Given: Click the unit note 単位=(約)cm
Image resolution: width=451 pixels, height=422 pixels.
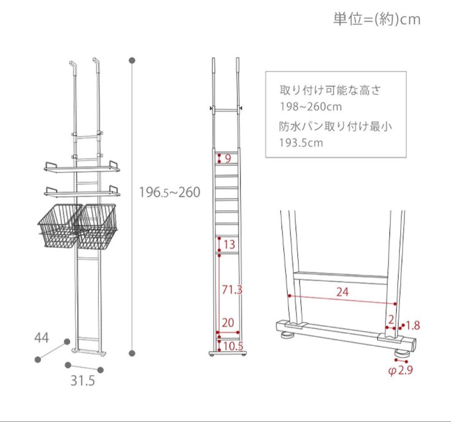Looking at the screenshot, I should point(376,19).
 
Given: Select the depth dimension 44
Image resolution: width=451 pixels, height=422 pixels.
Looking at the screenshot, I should point(42,337).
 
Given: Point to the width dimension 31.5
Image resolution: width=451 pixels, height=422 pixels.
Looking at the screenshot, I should point(83,381).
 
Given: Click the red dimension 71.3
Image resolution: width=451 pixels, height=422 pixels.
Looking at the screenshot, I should point(232,290).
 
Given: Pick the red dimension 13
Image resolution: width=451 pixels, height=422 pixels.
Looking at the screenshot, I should point(229,244).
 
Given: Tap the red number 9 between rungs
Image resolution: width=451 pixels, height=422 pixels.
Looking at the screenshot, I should point(228,159).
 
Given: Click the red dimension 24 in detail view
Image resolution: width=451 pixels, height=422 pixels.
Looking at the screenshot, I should point(342,292).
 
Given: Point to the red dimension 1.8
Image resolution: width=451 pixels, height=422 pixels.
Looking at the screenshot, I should point(412,325).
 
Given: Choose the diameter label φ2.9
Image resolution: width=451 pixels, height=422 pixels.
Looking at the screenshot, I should point(401,371).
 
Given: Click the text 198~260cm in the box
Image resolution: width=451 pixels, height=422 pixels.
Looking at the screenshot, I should point(311,107).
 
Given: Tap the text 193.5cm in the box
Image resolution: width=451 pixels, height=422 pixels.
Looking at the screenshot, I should point(302,143).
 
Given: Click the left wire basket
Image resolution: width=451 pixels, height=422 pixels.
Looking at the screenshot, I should point(58,226).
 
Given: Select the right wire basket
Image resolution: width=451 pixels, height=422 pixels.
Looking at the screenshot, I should point(97,226).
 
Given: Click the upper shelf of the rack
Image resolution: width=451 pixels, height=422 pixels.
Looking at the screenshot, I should point(82,168).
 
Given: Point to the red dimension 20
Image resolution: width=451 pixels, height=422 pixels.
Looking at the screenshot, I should point(228,322).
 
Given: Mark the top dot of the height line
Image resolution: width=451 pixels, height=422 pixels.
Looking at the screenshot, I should point(132,61).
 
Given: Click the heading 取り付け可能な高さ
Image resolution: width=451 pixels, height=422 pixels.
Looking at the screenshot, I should point(330,90).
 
